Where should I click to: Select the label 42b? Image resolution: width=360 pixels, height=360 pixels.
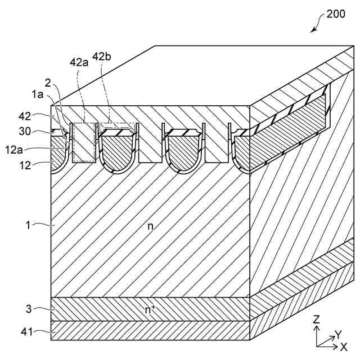pos(102,56)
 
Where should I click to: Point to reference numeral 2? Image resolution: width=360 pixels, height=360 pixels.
pos(49,82)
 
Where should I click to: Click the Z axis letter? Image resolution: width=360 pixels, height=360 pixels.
pos(317,319)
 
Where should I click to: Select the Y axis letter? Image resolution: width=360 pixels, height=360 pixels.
pos(337,333)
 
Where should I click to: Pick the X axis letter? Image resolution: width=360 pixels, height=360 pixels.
pos(344,344)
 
